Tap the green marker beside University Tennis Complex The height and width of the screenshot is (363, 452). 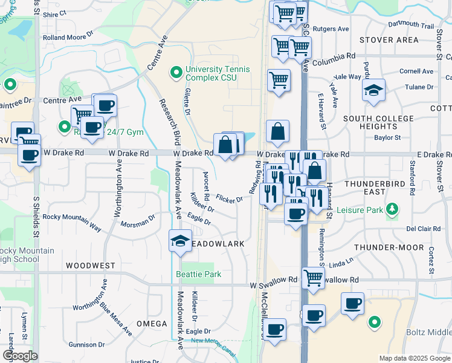point(176,73)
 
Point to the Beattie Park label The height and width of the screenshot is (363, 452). point(198,274)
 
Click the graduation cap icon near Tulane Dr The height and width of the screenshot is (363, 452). point(374,91)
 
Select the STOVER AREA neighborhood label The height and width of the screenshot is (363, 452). point(389,40)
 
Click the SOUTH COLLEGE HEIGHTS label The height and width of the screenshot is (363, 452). point(378,123)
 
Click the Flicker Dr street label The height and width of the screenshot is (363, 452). point(230,199)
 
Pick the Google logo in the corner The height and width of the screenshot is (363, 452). point(19,356)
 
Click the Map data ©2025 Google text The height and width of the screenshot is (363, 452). point(414,358)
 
